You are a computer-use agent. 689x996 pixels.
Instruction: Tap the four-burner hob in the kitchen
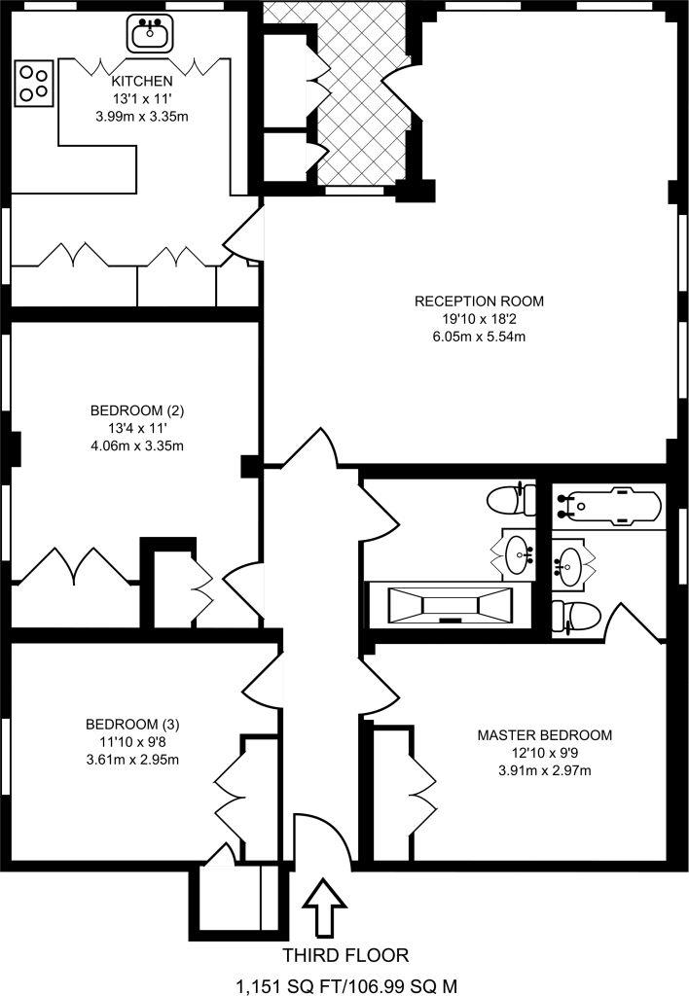(34, 83)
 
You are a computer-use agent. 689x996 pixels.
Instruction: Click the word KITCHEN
(142, 81)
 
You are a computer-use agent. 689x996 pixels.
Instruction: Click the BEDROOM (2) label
(136, 409)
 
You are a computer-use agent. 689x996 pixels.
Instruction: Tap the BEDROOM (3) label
(132, 724)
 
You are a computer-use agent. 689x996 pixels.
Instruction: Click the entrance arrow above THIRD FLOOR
(323, 907)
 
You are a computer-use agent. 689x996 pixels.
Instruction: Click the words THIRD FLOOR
(344, 955)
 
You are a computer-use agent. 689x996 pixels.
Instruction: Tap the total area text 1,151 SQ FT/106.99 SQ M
(344, 984)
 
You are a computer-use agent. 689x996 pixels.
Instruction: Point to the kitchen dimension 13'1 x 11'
(142, 99)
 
